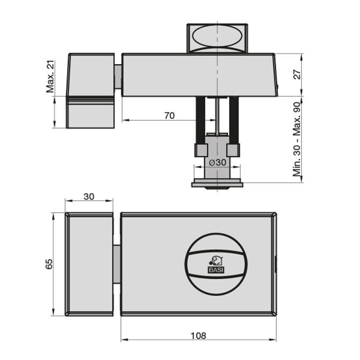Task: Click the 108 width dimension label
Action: (199, 336)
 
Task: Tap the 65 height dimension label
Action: (49, 264)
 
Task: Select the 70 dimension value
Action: (170, 116)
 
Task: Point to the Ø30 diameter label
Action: (218, 162)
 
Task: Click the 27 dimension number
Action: (297, 75)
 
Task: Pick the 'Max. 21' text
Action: (50, 76)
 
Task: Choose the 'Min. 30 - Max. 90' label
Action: (297, 139)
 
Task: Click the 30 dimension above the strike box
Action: (89, 197)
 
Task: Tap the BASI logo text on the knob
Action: (216, 270)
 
